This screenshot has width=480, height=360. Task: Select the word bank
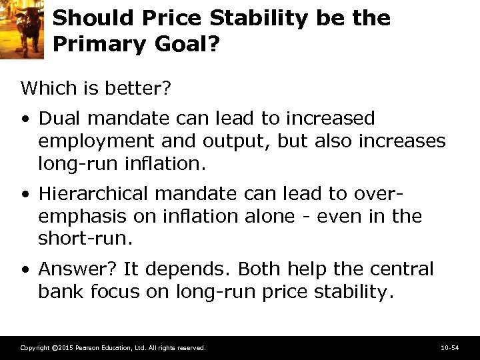59,291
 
